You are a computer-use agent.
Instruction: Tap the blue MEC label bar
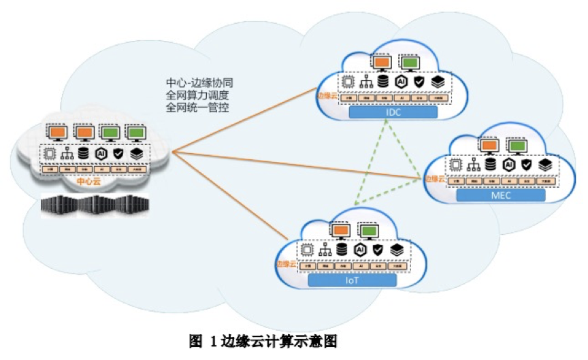coord(501,196)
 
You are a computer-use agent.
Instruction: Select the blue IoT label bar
coord(352,280)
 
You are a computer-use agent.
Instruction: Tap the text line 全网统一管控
coord(196,108)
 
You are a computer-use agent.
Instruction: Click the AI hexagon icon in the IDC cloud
coord(402,81)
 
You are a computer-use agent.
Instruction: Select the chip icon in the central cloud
coord(49,154)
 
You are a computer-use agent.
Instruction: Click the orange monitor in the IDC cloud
coord(381,63)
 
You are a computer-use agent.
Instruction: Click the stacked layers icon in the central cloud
coord(137,154)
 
